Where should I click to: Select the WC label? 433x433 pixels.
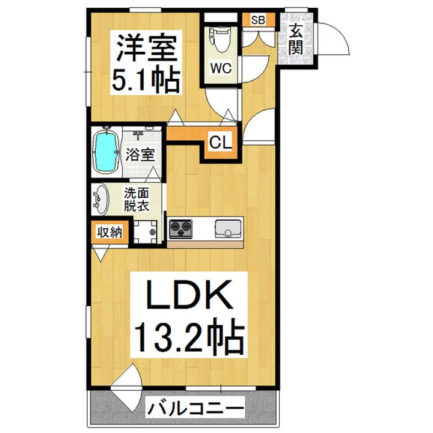pyautogui.click(x=220, y=68)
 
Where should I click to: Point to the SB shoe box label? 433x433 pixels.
pyautogui.click(x=258, y=20)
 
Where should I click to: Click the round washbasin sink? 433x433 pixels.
pyautogui.click(x=102, y=199)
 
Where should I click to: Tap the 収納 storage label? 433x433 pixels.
pyautogui.click(x=109, y=232)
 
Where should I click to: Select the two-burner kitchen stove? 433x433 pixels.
pyautogui.click(x=181, y=228)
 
